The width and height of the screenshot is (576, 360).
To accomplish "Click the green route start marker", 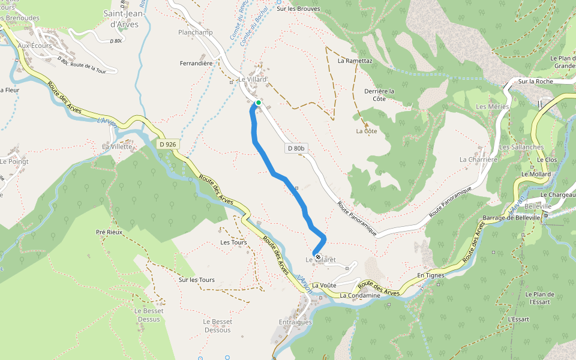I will click(x=258, y=103).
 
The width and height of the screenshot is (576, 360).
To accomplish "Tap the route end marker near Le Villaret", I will click(x=317, y=257).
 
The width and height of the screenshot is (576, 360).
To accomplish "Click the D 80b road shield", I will click(x=295, y=148).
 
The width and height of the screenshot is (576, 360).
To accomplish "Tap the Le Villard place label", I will click(x=252, y=79).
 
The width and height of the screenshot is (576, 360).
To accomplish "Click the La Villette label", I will click(x=117, y=146).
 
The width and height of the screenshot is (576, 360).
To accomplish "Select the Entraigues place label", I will click(x=295, y=322).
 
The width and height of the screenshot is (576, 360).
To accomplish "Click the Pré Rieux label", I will click(x=109, y=232).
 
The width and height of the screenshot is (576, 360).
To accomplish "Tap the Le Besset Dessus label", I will click(x=147, y=315).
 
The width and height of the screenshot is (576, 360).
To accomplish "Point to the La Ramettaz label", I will click(x=355, y=61).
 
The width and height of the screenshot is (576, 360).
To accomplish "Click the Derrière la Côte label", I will click(x=379, y=95).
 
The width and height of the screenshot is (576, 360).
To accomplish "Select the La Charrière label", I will click(x=479, y=160).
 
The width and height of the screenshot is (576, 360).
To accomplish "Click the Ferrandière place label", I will click(x=197, y=63).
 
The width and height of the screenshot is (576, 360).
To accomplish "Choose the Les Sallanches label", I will click(x=521, y=147).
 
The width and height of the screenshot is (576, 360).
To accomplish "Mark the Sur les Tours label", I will click(x=197, y=280).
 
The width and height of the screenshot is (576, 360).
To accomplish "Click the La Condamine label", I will click(x=361, y=296).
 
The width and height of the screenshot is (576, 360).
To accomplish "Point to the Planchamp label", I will click(x=196, y=32).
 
